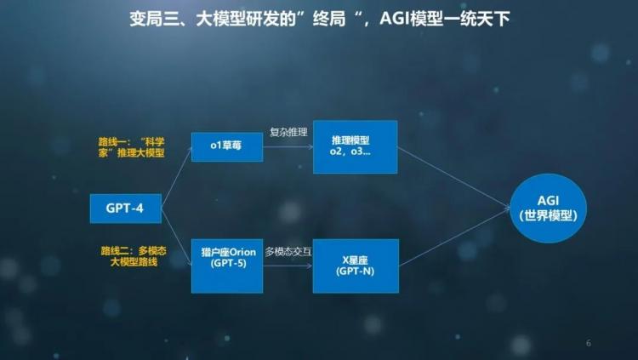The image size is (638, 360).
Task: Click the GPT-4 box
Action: (x=126, y=209)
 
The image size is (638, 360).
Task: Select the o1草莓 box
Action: (x=227, y=146)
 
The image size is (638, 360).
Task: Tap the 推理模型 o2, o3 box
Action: (x=356, y=146)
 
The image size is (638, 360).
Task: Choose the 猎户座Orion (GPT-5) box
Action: (x=227, y=266)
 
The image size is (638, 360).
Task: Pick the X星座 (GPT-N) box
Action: (x=356, y=266)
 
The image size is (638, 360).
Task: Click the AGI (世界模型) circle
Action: (x=548, y=209)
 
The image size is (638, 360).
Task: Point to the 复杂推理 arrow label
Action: (x=288, y=132)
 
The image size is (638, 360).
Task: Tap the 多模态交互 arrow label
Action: (x=288, y=252)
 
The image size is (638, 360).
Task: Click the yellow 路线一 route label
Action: (x=131, y=147)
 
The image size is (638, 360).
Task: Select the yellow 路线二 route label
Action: (x=134, y=256)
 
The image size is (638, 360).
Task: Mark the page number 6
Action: (x=589, y=343)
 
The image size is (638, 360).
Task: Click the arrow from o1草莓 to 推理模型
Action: (x=288, y=147)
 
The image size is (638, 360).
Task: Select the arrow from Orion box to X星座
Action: (x=288, y=266)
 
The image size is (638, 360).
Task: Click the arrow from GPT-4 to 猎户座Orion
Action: (x=177, y=237)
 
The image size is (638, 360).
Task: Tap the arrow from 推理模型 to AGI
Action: (x=453, y=178)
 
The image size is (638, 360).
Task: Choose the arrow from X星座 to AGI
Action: (x=454, y=237)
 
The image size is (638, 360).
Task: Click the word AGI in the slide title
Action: (x=394, y=19)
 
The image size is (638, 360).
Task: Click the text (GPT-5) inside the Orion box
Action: (x=229, y=264)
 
